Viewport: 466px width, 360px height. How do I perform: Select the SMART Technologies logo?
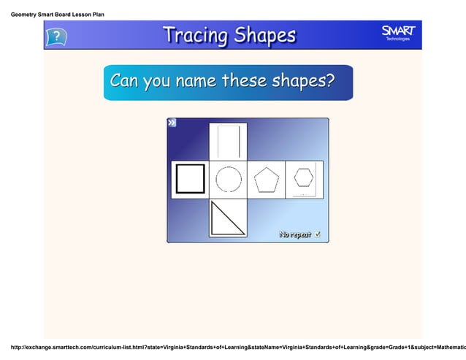(398, 33)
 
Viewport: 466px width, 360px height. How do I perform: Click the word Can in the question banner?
(125, 80)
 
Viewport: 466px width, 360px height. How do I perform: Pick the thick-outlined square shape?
(190, 180)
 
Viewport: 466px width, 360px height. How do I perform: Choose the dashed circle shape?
(228, 180)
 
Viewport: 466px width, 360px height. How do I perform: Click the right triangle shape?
(227, 218)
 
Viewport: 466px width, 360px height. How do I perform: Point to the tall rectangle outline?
(228, 142)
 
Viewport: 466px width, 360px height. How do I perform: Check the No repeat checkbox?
(318, 234)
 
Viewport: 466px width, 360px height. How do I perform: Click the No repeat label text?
(295, 234)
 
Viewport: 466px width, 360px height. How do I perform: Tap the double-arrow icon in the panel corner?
(172, 123)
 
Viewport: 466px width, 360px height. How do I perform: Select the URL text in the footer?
(234, 343)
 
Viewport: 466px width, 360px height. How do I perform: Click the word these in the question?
(245, 80)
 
